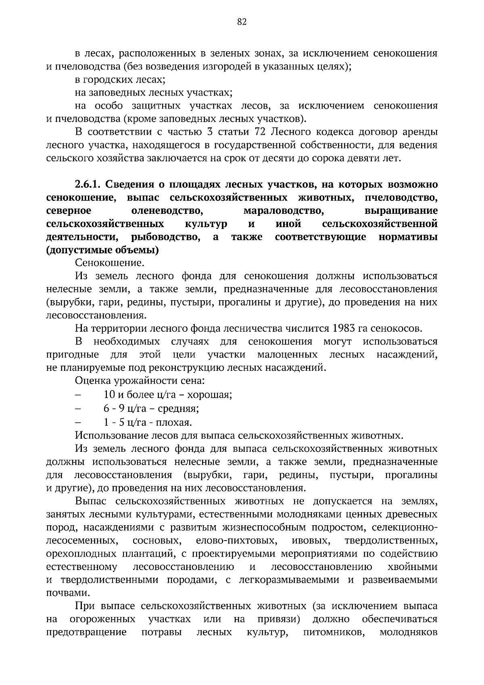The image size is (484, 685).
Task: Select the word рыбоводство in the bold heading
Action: click(166, 237)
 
